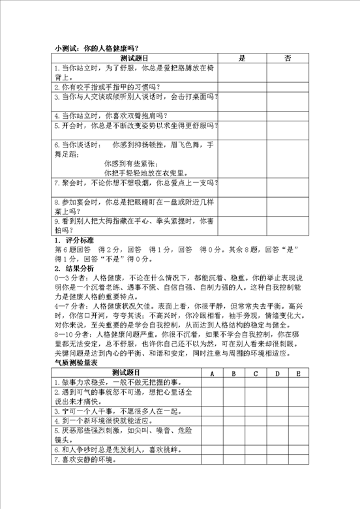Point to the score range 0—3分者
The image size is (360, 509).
(x=68, y=277)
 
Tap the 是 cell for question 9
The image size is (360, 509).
(x=242, y=225)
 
